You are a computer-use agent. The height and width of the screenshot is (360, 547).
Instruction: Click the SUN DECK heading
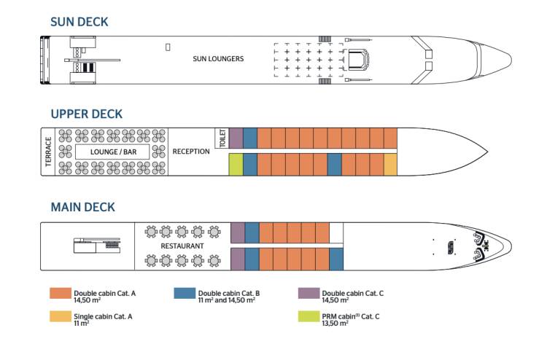pos(79,22)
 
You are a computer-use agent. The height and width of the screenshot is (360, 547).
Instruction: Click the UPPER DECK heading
pos(86,114)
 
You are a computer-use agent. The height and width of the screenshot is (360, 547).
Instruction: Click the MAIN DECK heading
pos(82,207)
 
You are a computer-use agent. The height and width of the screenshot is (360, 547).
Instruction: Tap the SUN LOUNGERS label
pos(218,58)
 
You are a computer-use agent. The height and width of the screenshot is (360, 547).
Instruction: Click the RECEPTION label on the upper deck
pos(191,152)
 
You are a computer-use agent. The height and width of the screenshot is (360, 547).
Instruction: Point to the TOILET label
pos(222,138)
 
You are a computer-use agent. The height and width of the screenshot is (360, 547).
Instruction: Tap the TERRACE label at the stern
pos(48,152)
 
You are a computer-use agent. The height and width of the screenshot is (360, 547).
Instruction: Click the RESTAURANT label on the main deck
pos(182,246)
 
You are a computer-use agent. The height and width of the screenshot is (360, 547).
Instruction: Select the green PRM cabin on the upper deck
pos(236,165)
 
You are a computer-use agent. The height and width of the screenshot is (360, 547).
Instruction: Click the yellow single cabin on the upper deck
pos(390,165)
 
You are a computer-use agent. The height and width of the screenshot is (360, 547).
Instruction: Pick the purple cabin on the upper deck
pos(236,138)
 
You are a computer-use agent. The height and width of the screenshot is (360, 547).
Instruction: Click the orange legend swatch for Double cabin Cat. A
pos(60,294)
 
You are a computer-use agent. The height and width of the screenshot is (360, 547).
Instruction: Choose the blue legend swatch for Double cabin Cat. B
pos(185,294)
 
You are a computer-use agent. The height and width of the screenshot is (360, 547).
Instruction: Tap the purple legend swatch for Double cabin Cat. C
pos(309,294)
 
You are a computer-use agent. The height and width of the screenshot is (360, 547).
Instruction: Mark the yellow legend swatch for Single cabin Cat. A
pos(60,318)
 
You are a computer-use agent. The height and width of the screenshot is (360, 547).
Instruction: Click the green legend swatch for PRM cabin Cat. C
pos(309,318)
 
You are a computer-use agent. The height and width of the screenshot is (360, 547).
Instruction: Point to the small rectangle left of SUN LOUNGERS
pos(168,47)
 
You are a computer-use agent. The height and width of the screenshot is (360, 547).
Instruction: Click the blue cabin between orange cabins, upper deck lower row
pos(334,165)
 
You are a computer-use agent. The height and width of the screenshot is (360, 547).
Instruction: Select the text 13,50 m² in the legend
pos(335,323)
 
